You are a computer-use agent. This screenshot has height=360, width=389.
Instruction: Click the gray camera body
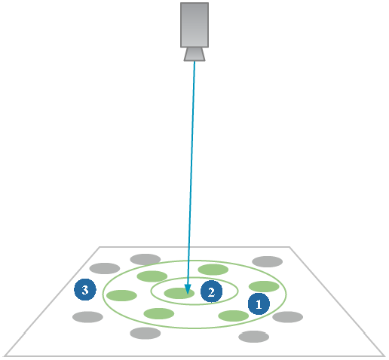click(194, 25)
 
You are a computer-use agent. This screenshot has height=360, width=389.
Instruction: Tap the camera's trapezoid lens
click(194, 54)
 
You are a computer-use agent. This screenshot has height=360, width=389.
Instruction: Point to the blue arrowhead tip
click(187, 294)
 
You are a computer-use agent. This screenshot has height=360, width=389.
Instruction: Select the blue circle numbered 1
click(259, 304)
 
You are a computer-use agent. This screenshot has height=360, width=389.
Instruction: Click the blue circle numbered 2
click(211, 291)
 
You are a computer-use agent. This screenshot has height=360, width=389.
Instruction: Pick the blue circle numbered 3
click(85, 289)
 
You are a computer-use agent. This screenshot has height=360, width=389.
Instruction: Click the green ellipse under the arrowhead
click(179, 293)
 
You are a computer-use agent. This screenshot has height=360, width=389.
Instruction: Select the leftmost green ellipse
click(121, 295)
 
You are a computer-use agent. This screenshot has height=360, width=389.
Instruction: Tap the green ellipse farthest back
click(213, 270)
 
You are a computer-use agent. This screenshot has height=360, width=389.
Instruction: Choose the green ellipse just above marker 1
click(264, 286)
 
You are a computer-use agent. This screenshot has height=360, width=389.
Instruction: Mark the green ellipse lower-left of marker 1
click(234, 316)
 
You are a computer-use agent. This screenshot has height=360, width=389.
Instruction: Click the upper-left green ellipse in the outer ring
click(152, 276)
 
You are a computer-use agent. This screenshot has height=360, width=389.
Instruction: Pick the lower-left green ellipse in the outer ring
click(159, 313)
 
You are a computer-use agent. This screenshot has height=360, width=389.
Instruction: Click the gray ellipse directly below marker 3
click(87, 317)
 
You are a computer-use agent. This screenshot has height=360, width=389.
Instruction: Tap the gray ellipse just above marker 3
click(105, 268)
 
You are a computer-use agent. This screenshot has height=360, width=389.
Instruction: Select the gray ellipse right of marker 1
click(287, 317)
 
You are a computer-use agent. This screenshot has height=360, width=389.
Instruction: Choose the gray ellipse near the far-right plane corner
click(268, 261)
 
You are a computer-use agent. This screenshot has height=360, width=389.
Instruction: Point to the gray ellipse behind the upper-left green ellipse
click(145, 259)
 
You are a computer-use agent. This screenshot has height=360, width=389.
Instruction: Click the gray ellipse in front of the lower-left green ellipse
click(145, 333)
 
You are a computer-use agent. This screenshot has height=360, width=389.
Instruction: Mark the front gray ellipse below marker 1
click(253, 337)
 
